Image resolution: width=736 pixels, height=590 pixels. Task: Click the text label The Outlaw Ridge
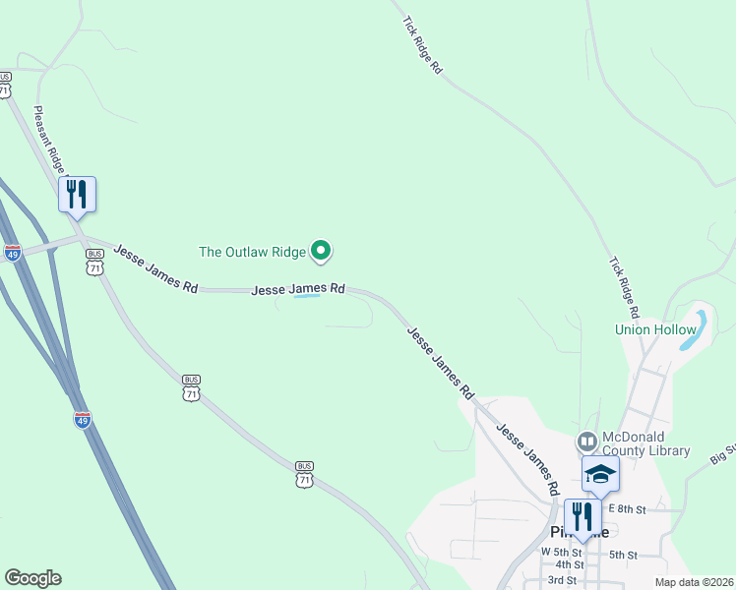coord(253,252)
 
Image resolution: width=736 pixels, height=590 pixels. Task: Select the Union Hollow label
coord(655,329)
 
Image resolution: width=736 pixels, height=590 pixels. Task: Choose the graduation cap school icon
coord(600,475)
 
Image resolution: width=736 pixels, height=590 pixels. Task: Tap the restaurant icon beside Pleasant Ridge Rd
coord(77,194)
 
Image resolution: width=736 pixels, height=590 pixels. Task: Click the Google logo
coord(32,578)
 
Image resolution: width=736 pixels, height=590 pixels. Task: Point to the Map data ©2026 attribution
coord(693,582)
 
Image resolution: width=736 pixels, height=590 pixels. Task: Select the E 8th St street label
coord(627,509)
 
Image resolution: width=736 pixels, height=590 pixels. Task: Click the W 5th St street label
coord(562,552)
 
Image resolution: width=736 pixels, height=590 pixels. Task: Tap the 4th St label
coord(569,565)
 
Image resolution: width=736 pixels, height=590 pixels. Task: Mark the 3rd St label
coord(562,579)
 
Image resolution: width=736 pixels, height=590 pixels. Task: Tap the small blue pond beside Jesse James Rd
coord(308,296)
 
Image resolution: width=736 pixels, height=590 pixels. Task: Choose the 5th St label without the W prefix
coord(624,555)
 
